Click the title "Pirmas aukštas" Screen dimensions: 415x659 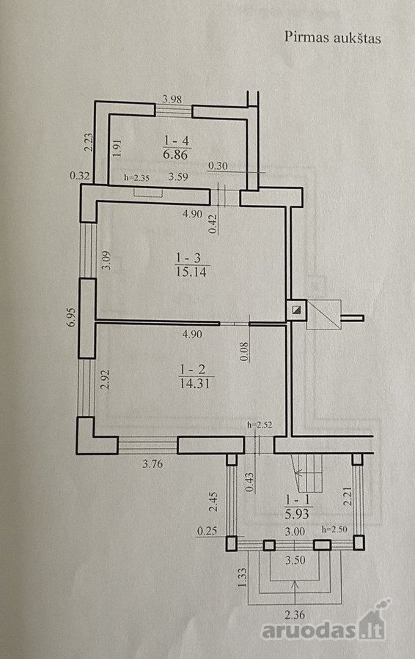point(332,37)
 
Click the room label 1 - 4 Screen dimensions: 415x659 point(177,140)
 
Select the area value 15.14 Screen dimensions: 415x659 point(191,272)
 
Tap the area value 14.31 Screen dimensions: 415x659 point(195,383)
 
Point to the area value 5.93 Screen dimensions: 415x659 point(297,513)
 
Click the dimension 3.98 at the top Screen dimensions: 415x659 point(172,100)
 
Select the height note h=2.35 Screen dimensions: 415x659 point(136,177)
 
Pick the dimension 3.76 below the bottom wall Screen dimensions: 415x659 point(153,464)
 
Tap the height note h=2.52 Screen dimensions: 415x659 point(260,425)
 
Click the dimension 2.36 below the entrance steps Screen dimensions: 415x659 point(295,615)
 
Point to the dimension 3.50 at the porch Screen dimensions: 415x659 point(295,560)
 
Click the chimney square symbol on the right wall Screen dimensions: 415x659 point(297,310)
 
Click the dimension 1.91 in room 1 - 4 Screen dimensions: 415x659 point(117,148)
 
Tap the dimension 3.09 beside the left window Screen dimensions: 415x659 point(107,261)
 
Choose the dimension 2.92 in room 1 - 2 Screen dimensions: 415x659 point(106,379)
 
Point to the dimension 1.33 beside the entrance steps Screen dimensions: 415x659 point(241,578)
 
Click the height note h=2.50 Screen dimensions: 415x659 point(334,529)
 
